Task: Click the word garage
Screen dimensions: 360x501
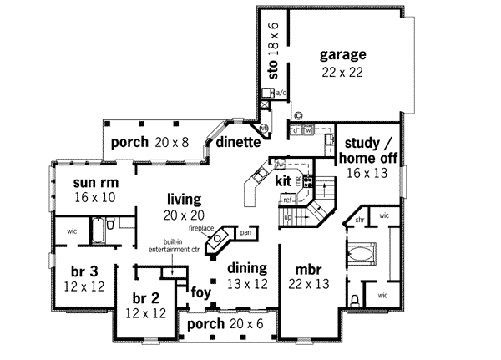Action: [x=342, y=55]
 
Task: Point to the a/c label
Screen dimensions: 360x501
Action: [x=281, y=94]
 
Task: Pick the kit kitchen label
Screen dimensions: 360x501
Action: [x=283, y=180]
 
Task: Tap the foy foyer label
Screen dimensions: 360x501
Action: [x=201, y=292]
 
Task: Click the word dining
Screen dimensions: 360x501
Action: [x=246, y=268]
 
